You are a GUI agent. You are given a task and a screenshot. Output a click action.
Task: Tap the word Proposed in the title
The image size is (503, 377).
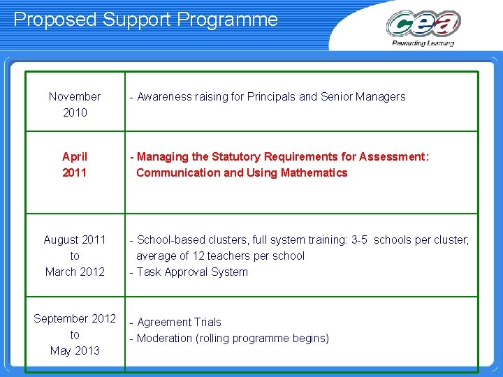pyautogui.click(x=55, y=20)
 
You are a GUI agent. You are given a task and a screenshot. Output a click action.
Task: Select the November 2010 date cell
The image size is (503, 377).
pyautogui.click(x=75, y=104)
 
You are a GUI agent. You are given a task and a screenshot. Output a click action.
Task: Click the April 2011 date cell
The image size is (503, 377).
pyautogui.click(x=75, y=164)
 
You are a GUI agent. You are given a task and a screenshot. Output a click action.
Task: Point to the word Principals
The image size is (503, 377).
pyautogui.click(x=271, y=96)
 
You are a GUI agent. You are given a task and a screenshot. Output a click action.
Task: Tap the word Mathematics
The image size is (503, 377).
pyautogui.click(x=314, y=172)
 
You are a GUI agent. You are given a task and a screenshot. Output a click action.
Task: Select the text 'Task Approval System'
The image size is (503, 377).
pyautogui.click(x=192, y=272)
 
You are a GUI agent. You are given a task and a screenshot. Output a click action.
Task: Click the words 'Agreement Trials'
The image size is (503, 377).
pyautogui.click(x=179, y=322)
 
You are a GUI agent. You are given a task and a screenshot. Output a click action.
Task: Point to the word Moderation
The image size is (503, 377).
pyautogui.click(x=164, y=338)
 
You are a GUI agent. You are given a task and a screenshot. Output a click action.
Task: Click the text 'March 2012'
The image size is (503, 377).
pyautogui.click(x=75, y=272)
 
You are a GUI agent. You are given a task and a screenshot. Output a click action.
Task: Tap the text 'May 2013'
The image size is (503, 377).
pyautogui.click(x=75, y=350)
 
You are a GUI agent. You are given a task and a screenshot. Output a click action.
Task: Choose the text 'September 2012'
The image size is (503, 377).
pyautogui.click(x=75, y=318)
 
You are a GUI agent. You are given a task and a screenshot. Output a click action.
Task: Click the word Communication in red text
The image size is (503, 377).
pyautogui.click(x=178, y=172)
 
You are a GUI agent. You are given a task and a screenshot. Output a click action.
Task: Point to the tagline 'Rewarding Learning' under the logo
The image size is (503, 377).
pyautogui.click(x=423, y=43)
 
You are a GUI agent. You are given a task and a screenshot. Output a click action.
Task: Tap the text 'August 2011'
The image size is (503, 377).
pyautogui.click(x=75, y=239)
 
